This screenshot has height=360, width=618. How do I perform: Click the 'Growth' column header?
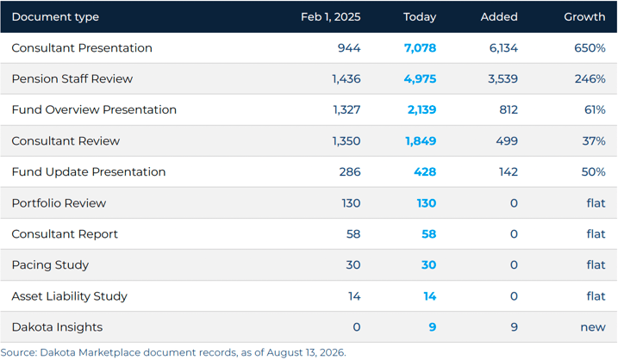584,17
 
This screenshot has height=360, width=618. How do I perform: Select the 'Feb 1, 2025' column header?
330,17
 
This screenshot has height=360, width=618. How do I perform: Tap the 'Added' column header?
499,17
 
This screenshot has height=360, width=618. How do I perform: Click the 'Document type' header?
55,17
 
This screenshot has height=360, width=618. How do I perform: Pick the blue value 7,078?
420,48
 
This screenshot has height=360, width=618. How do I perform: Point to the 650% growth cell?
590,48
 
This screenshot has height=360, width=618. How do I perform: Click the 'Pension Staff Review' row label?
72,78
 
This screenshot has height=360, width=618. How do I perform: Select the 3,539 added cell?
503,78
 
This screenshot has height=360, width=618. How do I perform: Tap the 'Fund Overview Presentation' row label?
94,109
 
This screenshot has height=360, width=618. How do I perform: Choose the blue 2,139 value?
421,109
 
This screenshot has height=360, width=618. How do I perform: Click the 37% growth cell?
594,141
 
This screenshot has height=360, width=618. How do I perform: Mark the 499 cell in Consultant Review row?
507,141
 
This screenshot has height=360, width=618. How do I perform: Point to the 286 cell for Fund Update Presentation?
350,171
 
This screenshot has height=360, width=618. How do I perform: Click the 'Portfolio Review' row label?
59,203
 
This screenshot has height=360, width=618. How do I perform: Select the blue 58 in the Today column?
429,234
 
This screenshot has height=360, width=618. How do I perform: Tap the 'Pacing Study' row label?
50,265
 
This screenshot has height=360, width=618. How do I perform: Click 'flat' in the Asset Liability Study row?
596,295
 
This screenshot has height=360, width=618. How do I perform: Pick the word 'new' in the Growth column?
593,327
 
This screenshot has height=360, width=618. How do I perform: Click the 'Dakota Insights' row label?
57,327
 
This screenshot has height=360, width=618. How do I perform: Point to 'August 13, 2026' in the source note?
305,352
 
